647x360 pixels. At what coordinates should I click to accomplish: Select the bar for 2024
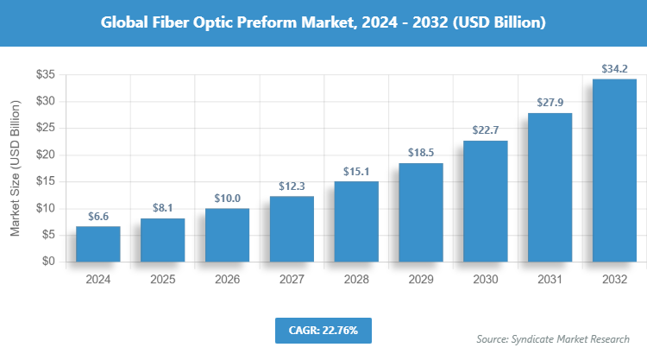coord(97,243)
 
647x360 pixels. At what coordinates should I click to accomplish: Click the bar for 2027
coord(292,229)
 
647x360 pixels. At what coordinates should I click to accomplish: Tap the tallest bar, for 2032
coord(614,170)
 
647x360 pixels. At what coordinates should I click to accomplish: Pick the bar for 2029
coord(421,212)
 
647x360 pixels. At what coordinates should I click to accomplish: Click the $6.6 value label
coord(97,217)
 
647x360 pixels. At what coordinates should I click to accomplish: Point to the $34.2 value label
coord(614,68)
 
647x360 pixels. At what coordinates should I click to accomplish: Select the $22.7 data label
coord(485,130)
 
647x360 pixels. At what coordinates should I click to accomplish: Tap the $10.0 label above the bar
coord(227,199)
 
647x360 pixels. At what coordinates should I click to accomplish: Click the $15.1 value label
coord(356,171)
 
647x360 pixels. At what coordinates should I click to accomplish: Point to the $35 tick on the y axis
coord(46,75)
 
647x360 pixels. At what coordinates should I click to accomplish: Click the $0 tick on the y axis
coord(49,262)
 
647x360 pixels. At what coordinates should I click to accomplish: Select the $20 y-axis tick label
coord(46,155)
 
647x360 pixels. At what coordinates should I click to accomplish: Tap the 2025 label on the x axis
coord(162,280)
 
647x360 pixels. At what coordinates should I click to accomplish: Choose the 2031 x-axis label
coord(550,280)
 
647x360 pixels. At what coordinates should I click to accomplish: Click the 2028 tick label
coord(356,280)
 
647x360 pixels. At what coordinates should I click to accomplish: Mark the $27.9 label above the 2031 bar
coord(550,103)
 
